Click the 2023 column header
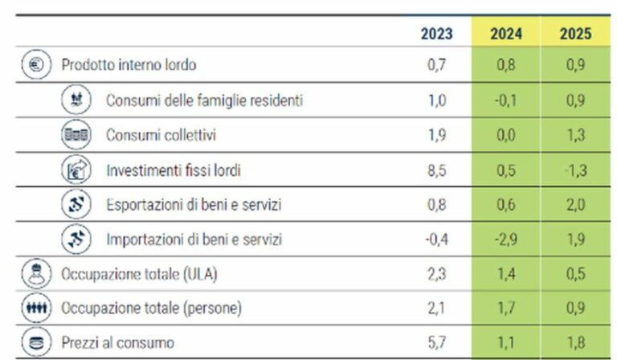pos(436,34)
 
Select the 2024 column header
pos(506,34)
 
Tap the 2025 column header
pos(575,34)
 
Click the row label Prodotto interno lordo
pos(129,65)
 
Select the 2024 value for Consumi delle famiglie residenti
pos(506,100)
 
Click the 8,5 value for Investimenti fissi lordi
pos(438,170)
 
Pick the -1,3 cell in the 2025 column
pos(575,170)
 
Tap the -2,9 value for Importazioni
pos(506,239)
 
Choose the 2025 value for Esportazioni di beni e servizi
pos(575,205)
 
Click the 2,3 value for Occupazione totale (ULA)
pos(438,274)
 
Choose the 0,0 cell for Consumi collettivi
pos(506,135)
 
